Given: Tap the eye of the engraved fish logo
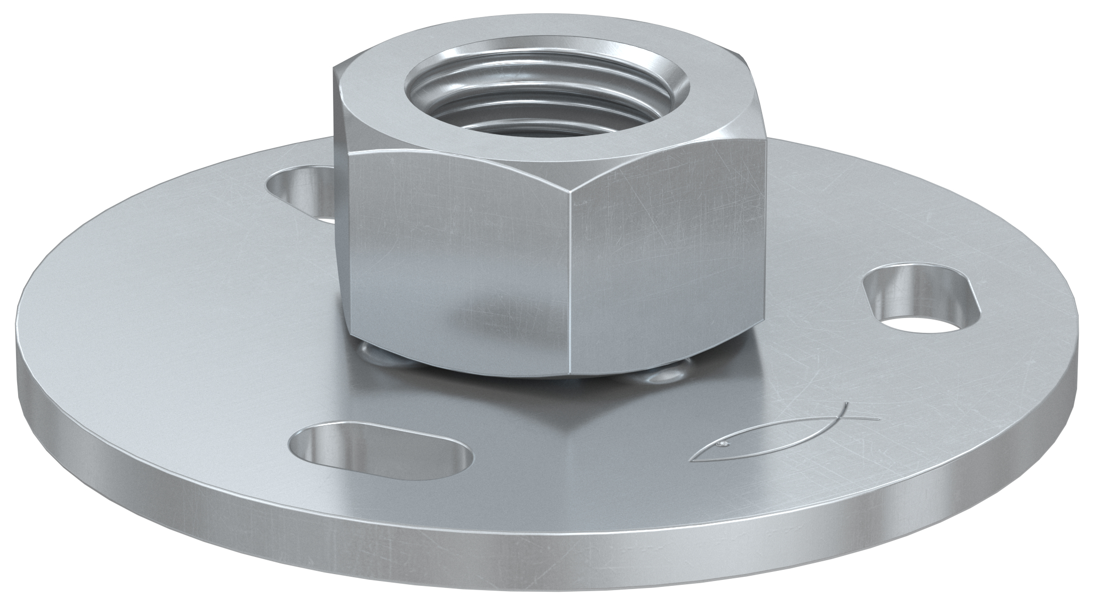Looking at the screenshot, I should [x=722, y=443].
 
